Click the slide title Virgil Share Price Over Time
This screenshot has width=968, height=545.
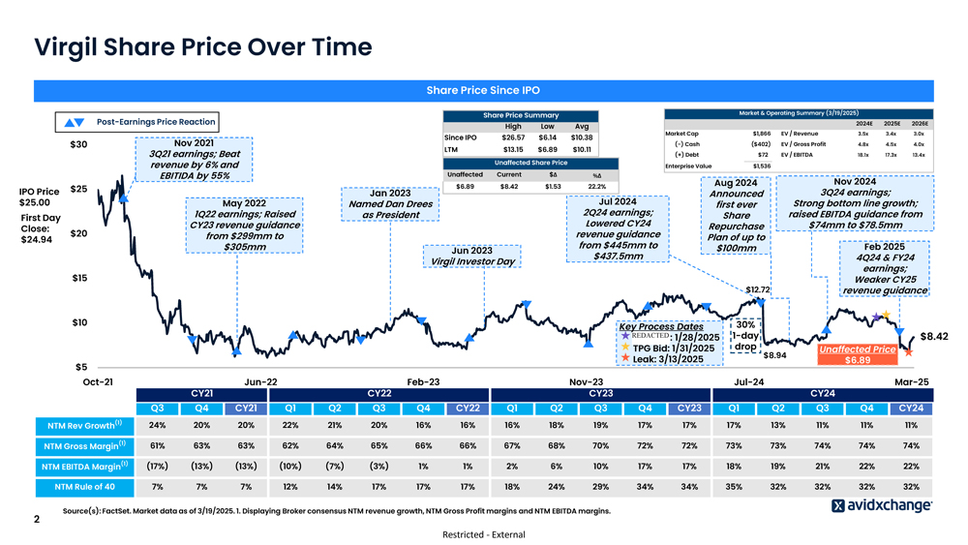202,46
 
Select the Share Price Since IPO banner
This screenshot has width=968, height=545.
483,90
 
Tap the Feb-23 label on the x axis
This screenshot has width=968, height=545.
424,381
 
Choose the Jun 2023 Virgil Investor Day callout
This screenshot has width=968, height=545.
472,256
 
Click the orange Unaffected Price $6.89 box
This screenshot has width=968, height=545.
857,354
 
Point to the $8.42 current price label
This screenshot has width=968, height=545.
933,336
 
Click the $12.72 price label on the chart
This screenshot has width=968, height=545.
757,289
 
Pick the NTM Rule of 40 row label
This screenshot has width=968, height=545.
84,486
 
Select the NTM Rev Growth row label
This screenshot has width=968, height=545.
84,425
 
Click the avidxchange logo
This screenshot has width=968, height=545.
882,504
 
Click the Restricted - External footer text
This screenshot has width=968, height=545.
483,534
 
